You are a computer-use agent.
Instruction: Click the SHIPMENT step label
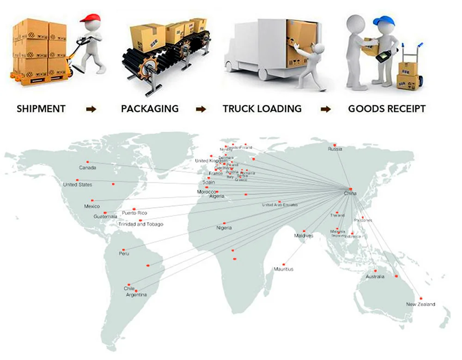click(x=41, y=109)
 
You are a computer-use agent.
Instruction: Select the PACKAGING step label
click(x=150, y=109)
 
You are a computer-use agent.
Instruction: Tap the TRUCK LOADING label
click(x=262, y=109)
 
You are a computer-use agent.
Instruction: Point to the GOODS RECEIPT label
click(x=387, y=109)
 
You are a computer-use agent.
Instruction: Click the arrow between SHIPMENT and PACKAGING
click(x=91, y=109)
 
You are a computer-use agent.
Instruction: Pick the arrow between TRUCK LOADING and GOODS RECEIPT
click(x=326, y=109)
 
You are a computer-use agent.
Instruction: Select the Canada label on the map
click(x=87, y=168)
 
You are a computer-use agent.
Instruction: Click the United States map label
click(x=77, y=185)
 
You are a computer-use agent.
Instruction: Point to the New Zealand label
click(x=420, y=304)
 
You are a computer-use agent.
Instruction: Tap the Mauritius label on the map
click(x=283, y=269)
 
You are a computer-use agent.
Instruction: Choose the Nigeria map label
click(x=224, y=228)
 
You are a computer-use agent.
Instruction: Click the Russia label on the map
click(x=335, y=149)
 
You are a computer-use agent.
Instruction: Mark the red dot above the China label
click(x=351, y=189)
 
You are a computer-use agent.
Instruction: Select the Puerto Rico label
click(x=134, y=213)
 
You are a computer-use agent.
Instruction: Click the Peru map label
click(x=124, y=253)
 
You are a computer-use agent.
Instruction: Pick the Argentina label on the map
click(x=136, y=294)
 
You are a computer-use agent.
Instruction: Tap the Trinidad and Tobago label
click(x=141, y=224)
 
